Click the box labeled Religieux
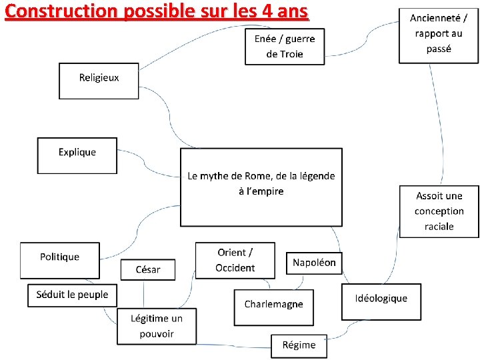(99, 81)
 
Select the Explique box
(77, 155)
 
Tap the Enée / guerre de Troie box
(285, 46)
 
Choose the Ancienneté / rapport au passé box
(438, 35)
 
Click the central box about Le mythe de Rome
(261, 187)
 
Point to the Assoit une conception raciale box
(439, 211)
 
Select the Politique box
(59, 259)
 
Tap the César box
(147, 269)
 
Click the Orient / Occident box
(235, 260)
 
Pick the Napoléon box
(314, 263)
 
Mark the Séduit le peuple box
(72, 295)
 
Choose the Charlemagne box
(273, 307)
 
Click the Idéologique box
(381, 301)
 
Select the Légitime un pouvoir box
(157, 327)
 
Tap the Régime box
(299, 345)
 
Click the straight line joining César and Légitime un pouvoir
(144, 294)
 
